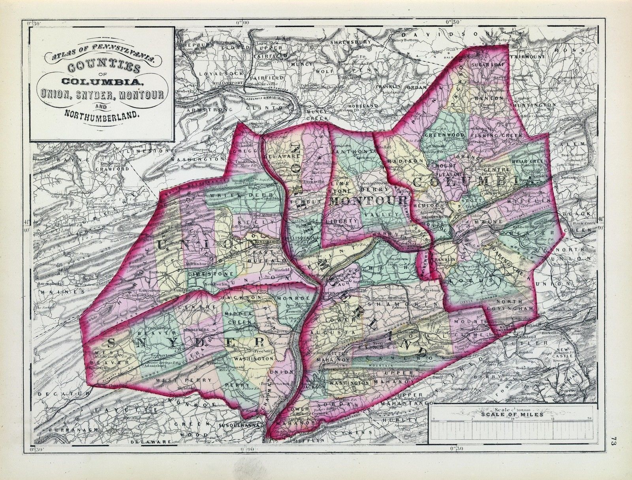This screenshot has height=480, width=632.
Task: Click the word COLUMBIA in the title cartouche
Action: click(102, 82)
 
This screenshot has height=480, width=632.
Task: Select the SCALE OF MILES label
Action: click(512, 415)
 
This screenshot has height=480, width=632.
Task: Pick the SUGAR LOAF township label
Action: click(485, 64)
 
